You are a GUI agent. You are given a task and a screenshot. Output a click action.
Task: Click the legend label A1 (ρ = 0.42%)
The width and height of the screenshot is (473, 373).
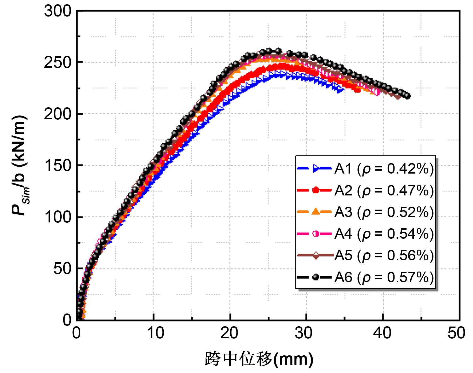[384, 169]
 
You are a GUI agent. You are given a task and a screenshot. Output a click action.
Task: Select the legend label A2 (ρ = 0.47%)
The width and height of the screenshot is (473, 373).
[384, 190]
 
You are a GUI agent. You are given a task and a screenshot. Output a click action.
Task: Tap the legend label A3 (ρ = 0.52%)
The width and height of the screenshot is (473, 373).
[384, 212]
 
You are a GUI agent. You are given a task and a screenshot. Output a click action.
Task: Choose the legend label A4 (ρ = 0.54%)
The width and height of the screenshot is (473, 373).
[384, 234]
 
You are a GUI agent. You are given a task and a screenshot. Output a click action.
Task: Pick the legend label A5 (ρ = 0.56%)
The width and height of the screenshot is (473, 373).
[384, 256]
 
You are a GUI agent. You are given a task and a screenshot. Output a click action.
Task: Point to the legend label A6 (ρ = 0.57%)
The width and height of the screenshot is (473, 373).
[384, 277]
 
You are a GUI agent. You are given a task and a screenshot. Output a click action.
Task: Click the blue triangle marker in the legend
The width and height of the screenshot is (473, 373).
[316, 168]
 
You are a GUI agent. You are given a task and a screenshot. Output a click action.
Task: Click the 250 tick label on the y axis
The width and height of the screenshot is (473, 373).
[58, 63]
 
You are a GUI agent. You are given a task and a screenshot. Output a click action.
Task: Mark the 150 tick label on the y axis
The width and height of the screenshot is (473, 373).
[58, 166]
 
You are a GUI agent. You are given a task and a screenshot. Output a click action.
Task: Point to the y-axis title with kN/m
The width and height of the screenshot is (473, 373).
[19, 166]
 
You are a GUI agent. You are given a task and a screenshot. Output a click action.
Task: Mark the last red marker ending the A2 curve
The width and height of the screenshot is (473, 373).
[357, 90]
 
